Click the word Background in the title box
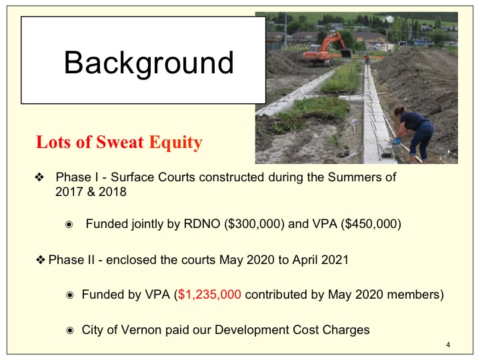149,63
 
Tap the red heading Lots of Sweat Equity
119,142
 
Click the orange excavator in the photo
327,50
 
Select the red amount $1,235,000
209,295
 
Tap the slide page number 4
448,345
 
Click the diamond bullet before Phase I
39,177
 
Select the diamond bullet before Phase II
41,260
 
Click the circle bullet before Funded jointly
69,225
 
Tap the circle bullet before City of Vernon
70,331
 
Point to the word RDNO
202,224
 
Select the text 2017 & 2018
91,191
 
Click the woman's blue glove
397,141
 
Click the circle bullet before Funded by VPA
70,295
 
